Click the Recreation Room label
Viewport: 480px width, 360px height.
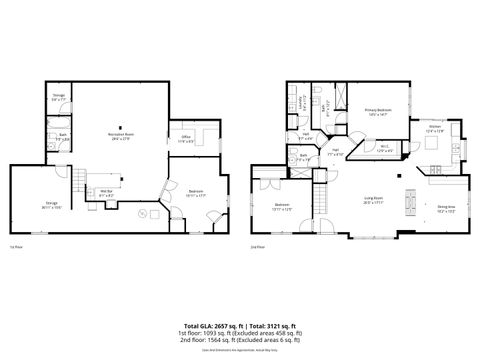point(123,135)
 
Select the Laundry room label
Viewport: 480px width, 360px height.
point(303,101)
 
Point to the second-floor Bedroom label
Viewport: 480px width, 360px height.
point(282,208)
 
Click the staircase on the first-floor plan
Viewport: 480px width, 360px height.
point(76,182)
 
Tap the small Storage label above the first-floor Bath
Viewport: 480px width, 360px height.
point(59,99)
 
